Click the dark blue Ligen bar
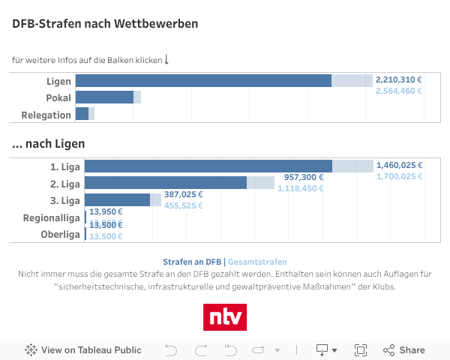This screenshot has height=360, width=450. coord(203,81)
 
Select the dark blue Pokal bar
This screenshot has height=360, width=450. coord(104,97)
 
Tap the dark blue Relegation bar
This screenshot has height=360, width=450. coord(82,114)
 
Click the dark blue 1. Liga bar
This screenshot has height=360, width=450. coord(208,166)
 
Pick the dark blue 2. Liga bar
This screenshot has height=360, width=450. coord(165,183)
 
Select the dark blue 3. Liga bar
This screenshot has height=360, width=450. coord(117,200)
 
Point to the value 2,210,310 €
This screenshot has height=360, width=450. coord(398,79)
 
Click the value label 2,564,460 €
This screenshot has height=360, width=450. coord(398,91)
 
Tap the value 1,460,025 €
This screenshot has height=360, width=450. coord(399,165)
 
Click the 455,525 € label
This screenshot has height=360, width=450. coord(184,205)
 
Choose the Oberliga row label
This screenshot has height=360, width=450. coord(60,235)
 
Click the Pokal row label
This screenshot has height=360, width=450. coord(58,97)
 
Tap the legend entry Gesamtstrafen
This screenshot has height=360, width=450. coord(257,262)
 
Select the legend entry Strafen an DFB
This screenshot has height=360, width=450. coord(192,262)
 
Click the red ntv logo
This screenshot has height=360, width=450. coord(225,316)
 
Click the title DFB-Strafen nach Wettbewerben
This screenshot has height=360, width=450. coord(105,23)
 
